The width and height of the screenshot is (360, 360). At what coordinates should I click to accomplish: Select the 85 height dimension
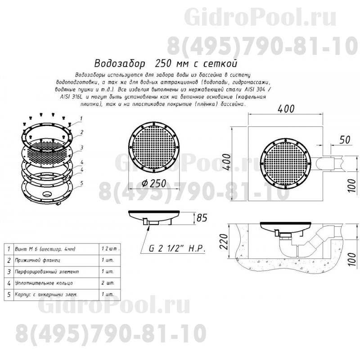[x=202, y=219]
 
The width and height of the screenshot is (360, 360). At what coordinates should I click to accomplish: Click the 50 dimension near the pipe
[x=345, y=140]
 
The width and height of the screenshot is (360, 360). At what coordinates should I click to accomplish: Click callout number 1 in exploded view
[x=81, y=118]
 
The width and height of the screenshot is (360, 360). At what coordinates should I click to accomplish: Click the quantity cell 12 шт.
[x=111, y=249]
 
